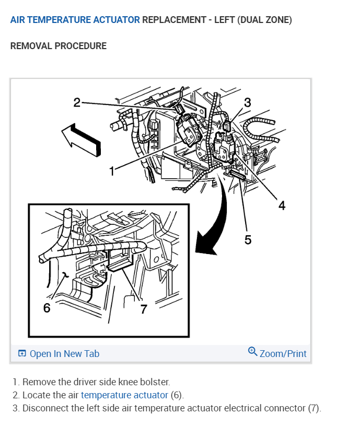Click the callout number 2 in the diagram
click(x=77, y=102)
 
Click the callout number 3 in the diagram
click(x=248, y=102)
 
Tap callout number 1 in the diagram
click(x=111, y=171)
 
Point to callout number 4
click(x=282, y=206)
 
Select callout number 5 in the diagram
click(x=248, y=239)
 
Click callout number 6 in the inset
click(x=47, y=308)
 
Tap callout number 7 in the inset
click(x=144, y=308)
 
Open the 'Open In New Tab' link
click(x=64, y=354)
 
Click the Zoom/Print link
click(x=283, y=354)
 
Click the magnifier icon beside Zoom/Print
click(x=253, y=352)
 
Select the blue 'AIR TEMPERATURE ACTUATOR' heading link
click(x=75, y=20)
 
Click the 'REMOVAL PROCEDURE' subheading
click(x=59, y=46)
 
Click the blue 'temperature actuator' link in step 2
click(x=124, y=395)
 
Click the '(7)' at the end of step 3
click(x=314, y=408)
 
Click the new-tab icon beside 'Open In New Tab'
click(x=22, y=354)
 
